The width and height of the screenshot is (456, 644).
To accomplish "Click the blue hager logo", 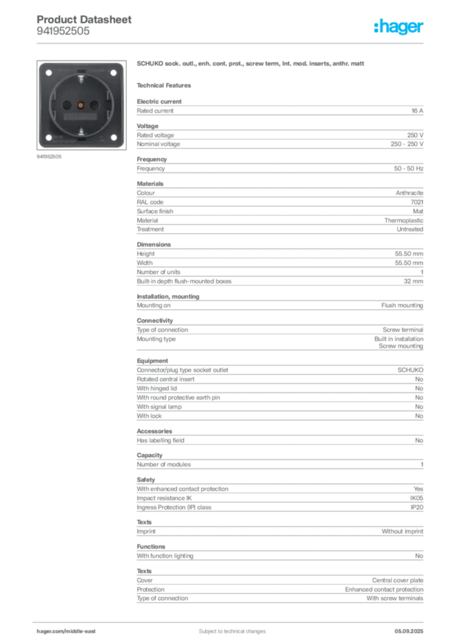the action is pyautogui.click(x=399, y=27).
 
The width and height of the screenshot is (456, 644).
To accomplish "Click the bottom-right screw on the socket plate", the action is pyautogui.click(x=114, y=139).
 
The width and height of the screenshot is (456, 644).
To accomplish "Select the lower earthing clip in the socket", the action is pyautogui.click(x=81, y=130).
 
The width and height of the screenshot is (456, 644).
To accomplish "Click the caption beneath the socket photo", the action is pyautogui.click(x=49, y=158).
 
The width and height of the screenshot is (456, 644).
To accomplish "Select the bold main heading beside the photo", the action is pyautogui.click(x=251, y=64).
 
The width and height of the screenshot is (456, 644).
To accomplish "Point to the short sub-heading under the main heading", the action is pyautogui.click(x=166, y=84).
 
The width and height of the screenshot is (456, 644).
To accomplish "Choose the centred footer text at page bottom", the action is pyautogui.click(x=227, y=627).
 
